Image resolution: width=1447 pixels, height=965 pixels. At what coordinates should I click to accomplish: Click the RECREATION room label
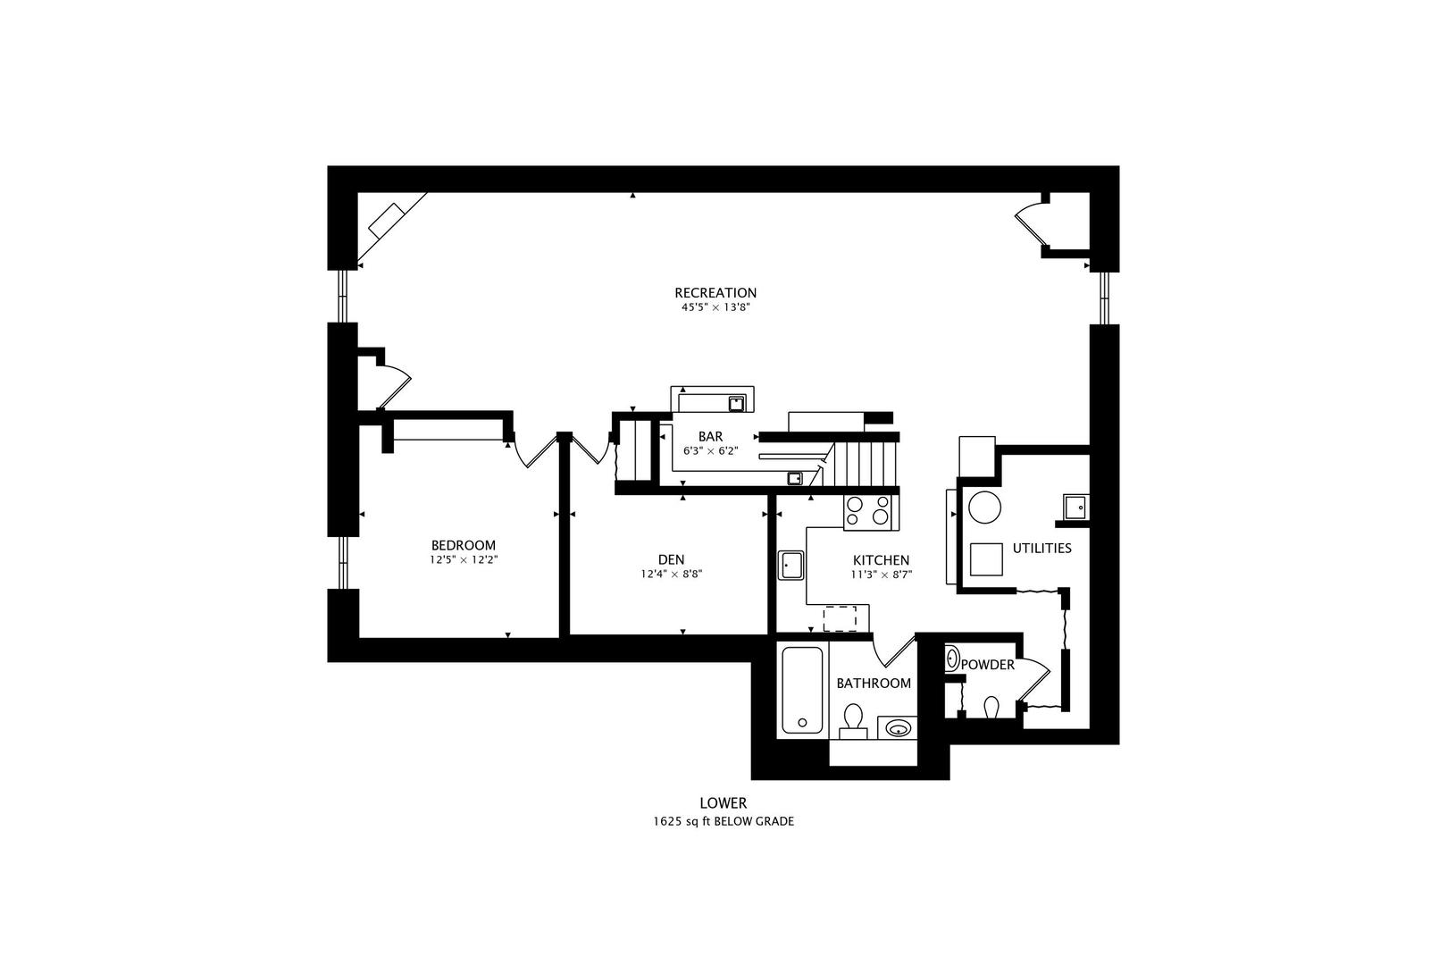coord(715,293)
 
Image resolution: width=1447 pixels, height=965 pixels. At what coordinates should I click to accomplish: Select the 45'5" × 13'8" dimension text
coord(715,307)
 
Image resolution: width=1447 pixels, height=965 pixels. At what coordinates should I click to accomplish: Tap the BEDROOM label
coord(464,545)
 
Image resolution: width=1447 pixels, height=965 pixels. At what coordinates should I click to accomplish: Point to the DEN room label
coord(671,559)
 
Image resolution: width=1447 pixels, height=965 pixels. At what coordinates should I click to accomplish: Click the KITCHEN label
coord(881,560)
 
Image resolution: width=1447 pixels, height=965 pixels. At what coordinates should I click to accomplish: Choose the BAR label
coord(711,436)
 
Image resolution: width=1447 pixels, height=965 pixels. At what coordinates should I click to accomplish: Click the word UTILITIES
coord(1042,548)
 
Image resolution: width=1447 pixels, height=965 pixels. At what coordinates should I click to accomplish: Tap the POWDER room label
coord(988,665)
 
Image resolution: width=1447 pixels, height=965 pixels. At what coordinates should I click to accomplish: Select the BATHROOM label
coord(874,684)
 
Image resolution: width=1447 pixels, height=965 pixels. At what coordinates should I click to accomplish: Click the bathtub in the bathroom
coord(802,690)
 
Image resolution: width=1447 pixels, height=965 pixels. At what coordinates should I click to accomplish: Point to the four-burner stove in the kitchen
coord(870,513)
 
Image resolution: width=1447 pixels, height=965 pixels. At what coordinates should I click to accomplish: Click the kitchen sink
coord(790,565)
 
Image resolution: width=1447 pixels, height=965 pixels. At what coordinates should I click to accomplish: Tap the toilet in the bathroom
coord(853,722)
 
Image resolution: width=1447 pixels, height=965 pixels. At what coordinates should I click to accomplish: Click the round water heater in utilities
coord(985,508)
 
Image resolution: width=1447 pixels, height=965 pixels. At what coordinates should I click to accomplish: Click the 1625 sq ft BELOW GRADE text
coord(723,821)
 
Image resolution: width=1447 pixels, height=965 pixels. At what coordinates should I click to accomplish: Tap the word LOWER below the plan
coord(723,802)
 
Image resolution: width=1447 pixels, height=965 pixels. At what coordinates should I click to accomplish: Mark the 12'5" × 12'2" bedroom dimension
coord(464,559)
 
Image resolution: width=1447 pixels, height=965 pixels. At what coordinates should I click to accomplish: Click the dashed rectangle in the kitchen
coord(840,618)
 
